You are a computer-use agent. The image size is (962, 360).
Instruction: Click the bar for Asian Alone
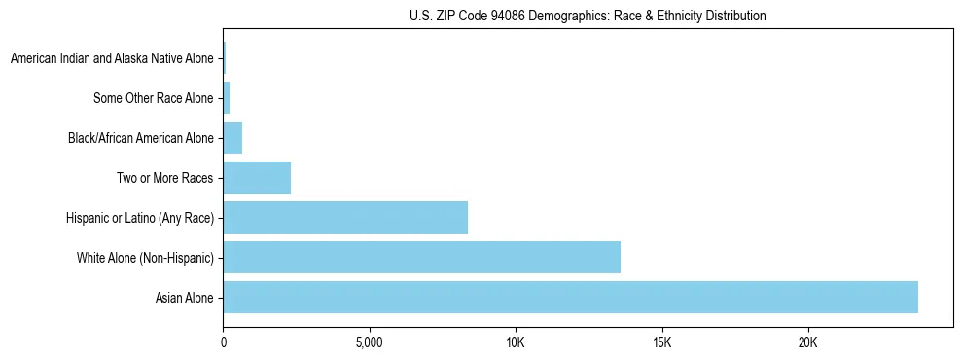pyautogui.click(x=570, y=297)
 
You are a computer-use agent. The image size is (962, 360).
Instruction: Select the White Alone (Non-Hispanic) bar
pyautogui.click(x=421, y=257)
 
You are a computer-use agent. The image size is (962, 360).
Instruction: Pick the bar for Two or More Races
pyautogui.click(x=257, y=178)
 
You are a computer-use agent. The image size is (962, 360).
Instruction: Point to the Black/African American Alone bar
pyautogui.click(x=232, y=138)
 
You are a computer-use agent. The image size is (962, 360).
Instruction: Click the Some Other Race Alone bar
pyautogui.click(x=227, y=98)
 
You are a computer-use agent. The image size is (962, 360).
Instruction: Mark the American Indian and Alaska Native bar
pyautogui.click(x=225, y=58)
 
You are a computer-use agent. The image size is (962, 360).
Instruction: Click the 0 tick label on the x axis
pyautogui.click(x=224, y=342)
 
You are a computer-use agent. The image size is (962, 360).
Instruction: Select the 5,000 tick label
pyautogui.click(x=370, y=342)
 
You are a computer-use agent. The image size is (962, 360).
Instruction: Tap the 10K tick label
pyautogui.click(x=516, y=342)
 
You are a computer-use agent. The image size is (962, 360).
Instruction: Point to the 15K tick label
pyautogui.click(x=662, y=342)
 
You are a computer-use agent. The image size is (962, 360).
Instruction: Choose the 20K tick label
pyautogui.click(x=808, y=342)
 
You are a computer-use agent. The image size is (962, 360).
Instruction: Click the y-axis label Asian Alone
pyautogui.click(x=184, y=298)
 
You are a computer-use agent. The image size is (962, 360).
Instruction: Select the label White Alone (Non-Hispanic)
pyautogui.click(x=145, y=258)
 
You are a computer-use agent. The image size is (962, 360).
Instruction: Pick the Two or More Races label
pyautogui.click(x=164, y=178)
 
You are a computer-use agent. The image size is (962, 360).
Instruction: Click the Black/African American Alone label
pyautogui.click(x=140, y=138)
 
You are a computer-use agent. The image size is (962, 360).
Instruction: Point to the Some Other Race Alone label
pyautogui.click(x=153, y=98)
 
